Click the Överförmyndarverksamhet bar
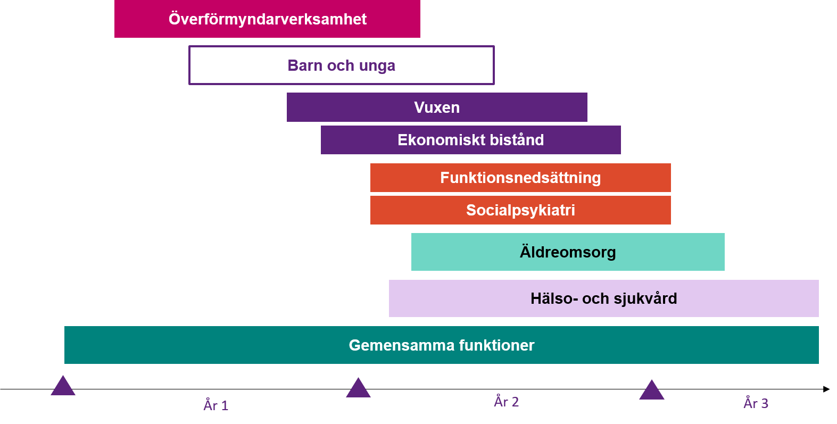[x=267, y=19]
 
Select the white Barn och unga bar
[x=342, y=47]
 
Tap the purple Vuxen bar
[x=437, y=107]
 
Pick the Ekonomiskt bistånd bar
[x=471, y=140]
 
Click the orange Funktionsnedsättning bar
[x=520, y=178]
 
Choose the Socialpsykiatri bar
[x=520, y=210]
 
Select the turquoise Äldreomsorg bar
[x=568, y=252]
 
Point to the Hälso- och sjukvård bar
[x=604, y=298]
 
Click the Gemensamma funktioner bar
[x=442, y=345]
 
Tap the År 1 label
[x=216, y=405]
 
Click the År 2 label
[x=507, y=402]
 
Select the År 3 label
[x=756, y=403]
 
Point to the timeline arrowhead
[x=826, y=389]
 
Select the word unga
[x=377, y=66]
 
